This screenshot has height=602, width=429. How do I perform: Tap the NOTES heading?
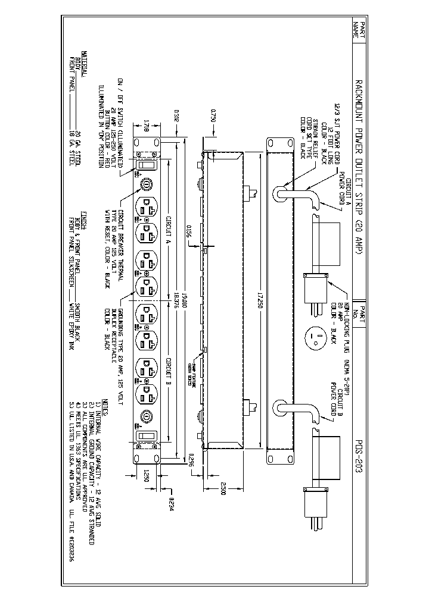[105, 402]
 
